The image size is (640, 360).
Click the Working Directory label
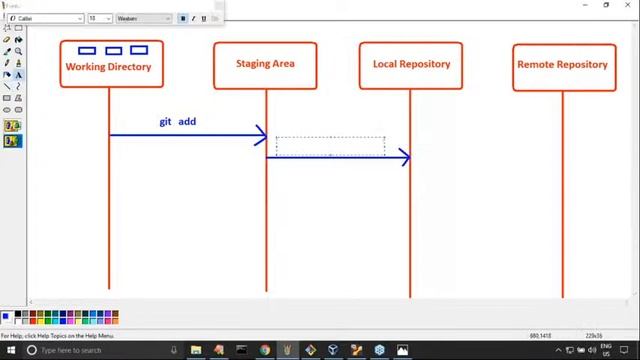[108, 67]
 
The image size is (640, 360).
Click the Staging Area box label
[265, 64]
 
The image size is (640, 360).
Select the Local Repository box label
[411, 64]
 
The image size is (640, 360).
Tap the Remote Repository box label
[562, 64]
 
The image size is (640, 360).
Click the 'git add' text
[178, 121]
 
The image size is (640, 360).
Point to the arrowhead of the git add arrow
[262, 134]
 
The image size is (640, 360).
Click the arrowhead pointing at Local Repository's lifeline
[405, 157]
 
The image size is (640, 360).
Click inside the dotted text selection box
[330, 146]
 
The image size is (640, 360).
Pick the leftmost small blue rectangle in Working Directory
[87, 50]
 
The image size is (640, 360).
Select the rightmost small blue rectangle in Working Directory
[139, 50]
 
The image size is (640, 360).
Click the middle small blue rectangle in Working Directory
[113, 50]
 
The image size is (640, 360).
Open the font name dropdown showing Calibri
[50, 18]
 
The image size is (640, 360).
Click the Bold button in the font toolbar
[183, 18]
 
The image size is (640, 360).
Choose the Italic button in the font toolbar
[193, 18]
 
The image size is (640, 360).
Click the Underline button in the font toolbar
[204, 18]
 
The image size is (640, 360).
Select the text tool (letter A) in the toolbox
[18, 74]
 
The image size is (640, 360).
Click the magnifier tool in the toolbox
[18, 51]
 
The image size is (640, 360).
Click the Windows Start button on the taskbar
[7, 350]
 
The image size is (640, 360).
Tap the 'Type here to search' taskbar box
[90, 350]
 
